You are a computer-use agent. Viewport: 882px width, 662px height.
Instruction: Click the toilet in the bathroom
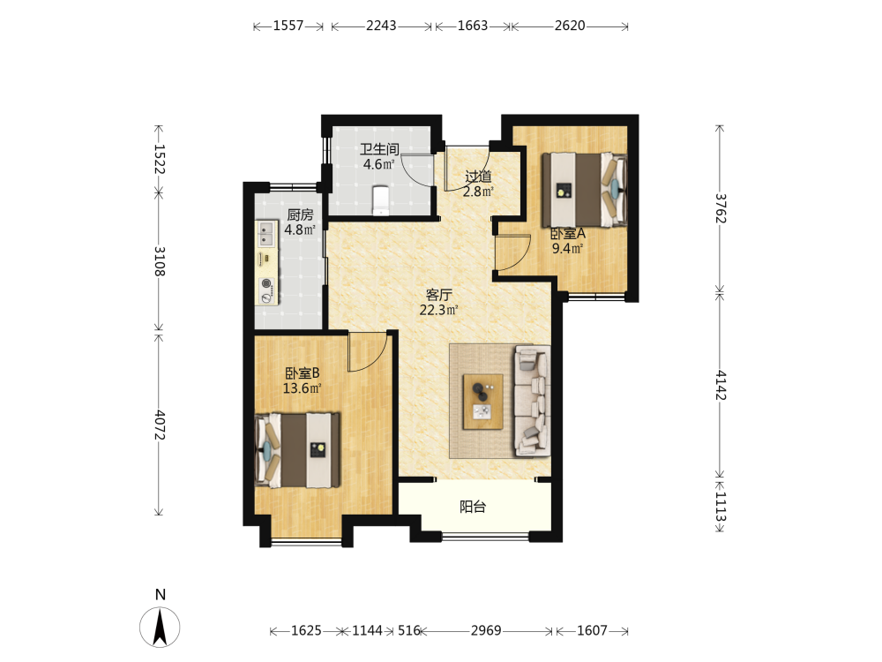(381, 199)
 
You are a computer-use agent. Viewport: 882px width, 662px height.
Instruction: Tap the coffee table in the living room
(482, 402)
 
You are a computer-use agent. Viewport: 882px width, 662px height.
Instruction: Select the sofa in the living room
(532, 400)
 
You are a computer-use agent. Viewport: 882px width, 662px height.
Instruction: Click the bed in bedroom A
(585, 190)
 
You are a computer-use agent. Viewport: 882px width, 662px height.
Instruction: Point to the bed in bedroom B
(297, 450)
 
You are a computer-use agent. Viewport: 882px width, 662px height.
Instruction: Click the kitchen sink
(266, 234)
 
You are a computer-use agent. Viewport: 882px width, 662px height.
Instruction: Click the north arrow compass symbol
(160, 627)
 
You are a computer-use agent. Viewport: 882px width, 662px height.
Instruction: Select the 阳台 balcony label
(473, 507)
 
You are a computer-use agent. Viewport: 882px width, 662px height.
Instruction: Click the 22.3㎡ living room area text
(438, 310)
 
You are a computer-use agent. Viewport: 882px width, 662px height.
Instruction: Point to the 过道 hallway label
(478, 177)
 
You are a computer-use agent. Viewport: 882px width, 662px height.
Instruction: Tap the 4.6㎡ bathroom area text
(378, 164)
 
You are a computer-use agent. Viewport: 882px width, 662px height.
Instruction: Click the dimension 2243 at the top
(381, 26)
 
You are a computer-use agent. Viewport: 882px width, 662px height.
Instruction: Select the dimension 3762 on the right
(721, 209)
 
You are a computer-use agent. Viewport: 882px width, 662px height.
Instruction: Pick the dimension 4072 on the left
(160, 425)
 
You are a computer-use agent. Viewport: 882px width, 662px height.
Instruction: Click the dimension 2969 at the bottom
(486, 630)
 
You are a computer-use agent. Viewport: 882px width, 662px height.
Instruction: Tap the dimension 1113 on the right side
(721, 507)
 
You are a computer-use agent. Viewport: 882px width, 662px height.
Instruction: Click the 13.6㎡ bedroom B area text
(302, 387)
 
